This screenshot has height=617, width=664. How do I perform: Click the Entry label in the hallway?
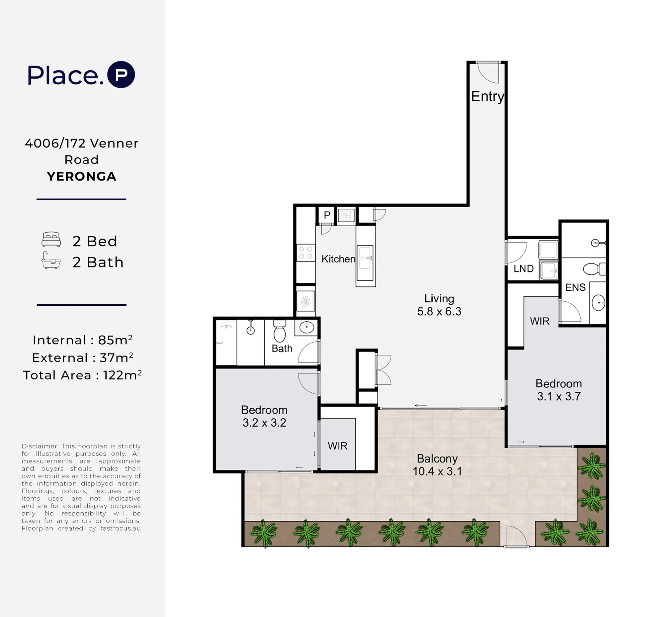(x=487, y=96)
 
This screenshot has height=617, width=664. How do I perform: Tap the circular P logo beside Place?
(x=121, y=74)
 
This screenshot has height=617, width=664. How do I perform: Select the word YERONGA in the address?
(x=81, y=176)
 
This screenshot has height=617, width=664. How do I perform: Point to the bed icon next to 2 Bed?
(x=51, y=239)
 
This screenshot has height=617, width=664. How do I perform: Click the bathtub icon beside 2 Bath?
(x=51, y=260)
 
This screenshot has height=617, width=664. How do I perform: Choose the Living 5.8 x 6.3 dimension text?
(x=439, y=305)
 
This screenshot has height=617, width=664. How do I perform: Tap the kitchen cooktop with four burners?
(x=306, y=253)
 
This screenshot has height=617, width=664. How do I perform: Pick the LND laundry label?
(x=523, y=268)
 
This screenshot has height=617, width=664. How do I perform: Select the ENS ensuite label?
(x=575, y=287)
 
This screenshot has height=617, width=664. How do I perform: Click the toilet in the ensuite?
(x=594, y=269)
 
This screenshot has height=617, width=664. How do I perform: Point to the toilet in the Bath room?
(x=280, y=330)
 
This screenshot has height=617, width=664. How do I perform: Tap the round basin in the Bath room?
(x=307, y=328)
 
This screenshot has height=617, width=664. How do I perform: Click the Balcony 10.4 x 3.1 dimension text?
(x=437, y=465)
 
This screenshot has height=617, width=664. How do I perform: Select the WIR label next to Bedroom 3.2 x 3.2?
(x=337, y=446)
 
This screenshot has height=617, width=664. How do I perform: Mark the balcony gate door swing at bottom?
(x=516, y=536)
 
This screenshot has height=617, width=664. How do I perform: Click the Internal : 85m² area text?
(x=82, y=340)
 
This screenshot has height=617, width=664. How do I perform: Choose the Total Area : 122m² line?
(x=82, y=375)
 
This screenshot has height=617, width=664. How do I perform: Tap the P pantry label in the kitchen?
(x=327, y=215)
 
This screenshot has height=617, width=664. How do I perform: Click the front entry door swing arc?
(x=488, y=73)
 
